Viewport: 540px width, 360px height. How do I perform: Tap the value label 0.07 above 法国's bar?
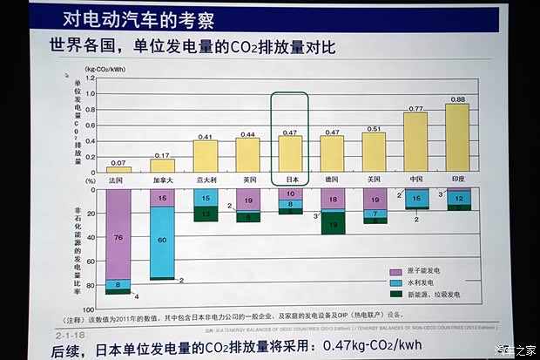point(118,162)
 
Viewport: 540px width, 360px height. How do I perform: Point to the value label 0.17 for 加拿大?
point(161,154)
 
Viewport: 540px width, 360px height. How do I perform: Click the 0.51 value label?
point(375,128)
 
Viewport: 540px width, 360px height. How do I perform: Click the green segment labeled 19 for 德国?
point(332,224)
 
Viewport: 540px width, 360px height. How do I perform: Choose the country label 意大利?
point(205,179)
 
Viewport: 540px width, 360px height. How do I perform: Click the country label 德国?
point(332,179)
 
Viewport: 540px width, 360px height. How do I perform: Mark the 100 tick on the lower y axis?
point(88,309)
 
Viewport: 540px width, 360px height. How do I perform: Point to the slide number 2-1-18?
point(69,333)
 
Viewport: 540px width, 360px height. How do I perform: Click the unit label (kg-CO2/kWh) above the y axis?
point(105,67)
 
